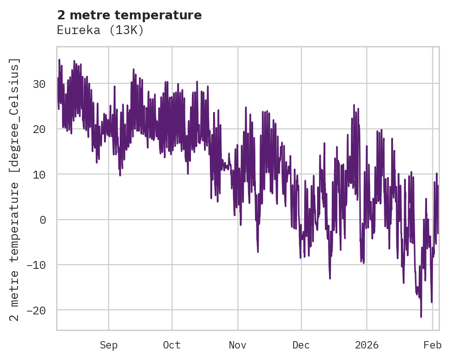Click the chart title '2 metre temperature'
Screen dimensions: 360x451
click(129, 15)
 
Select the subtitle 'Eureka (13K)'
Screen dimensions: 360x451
click(100, 30)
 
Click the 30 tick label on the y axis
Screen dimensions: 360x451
click(39, 84)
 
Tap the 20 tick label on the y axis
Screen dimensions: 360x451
click(39, 129)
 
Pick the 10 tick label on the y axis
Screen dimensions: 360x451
click(39, 174)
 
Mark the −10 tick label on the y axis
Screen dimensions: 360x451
click(36, 265)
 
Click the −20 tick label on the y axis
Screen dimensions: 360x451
click(36, 310)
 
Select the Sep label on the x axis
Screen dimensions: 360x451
click(109, 345)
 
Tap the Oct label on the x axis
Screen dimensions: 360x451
click(172, 345)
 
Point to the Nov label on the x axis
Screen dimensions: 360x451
click(238, 345)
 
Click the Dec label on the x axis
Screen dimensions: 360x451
click(301, 345)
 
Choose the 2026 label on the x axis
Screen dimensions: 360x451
click(367, 345)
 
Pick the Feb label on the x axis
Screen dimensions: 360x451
click(433, 345)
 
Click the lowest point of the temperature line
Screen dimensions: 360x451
click(421, 317)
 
